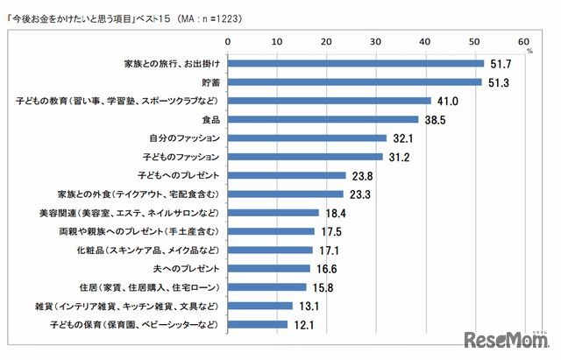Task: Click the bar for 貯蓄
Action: [355, 81]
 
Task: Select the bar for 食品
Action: [323, 119]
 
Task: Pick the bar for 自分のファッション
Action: [308, 138]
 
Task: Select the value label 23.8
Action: [362, 175]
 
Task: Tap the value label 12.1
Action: [304, 324]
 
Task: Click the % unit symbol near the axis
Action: [529, 51]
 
